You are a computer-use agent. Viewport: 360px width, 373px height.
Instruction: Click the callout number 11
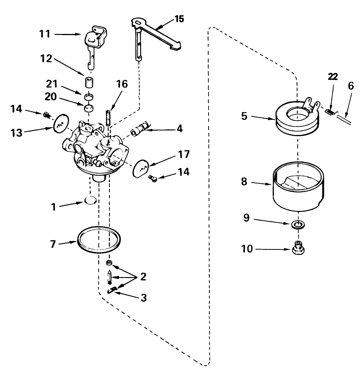45,34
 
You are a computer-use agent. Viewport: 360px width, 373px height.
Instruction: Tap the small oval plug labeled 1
90,201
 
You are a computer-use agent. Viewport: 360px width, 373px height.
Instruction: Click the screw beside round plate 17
153,177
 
